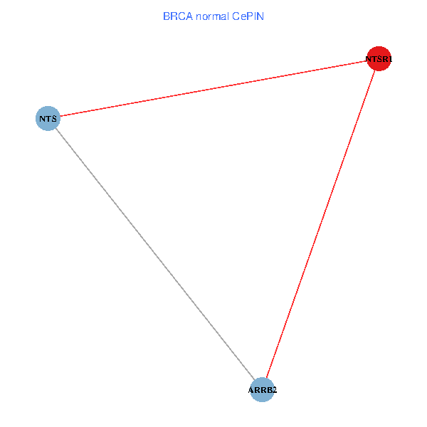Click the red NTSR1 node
coord(379,59)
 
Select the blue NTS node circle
coord(48,118)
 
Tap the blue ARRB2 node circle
coord(263,390)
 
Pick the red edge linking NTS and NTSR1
coord(213,88)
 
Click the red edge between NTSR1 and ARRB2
coord(320,224)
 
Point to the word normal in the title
coord(211,16)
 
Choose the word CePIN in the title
coord(248,16)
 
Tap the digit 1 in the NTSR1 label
coord(389,60)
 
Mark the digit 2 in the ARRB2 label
coord(274,391)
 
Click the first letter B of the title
coord(166,16)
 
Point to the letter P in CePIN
coord(251,16)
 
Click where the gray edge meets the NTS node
coord(56,128)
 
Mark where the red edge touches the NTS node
coord(60,116)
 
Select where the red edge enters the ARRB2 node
coord(266,378)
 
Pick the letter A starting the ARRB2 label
coord(251,391)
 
